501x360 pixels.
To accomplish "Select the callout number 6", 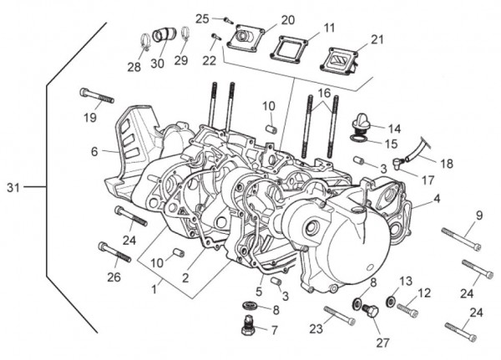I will pos(94,151).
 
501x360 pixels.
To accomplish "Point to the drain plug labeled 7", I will pos(246,328).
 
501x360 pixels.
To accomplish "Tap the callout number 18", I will pos(447,164).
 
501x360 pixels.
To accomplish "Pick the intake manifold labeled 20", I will pos(249,36).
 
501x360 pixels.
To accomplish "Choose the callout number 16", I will pos(323,92).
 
